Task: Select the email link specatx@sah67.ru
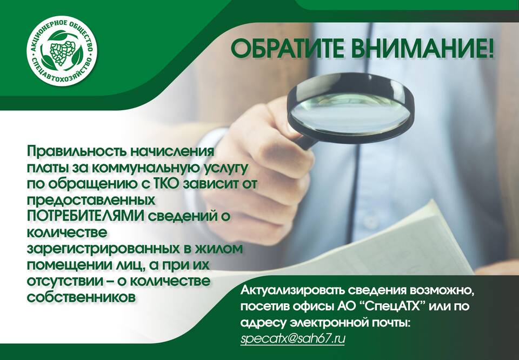(x=292, y=339)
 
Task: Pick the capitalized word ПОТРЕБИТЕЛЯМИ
(x=86, y=216)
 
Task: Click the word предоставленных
(x=91, y=201)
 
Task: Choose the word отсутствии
(x=65, y=281)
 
